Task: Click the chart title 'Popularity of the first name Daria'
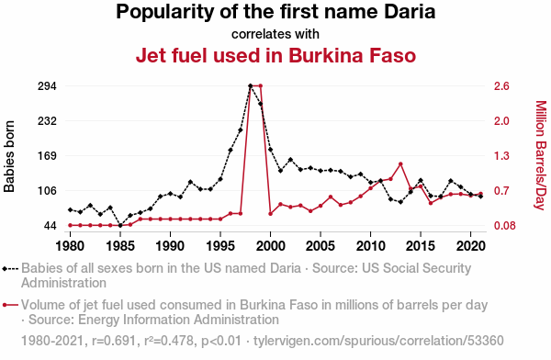click(275, 12)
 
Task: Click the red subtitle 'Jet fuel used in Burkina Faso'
click(275, 55)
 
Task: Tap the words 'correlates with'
click(275, 34)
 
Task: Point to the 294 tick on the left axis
click(47, 85)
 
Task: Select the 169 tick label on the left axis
click(47, 155)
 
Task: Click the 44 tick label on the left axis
click(51, 225)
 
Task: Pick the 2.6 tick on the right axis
click(501, 85)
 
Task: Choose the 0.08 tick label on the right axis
click(504, 225)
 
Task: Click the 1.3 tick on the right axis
click(501, 155)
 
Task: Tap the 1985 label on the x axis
click(120, 246)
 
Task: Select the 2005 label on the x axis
click(320, 246)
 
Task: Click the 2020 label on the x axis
click(470, 246)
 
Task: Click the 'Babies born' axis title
click(9, 156)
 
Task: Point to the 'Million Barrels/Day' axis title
click(541, 155)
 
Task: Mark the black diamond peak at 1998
click(251, 85)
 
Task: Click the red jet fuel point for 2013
click(400, 164)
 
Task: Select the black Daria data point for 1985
click(120, 225)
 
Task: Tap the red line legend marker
click(10, 305)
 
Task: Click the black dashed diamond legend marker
click(10, 269)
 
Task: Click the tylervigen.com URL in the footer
click(378, 341)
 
